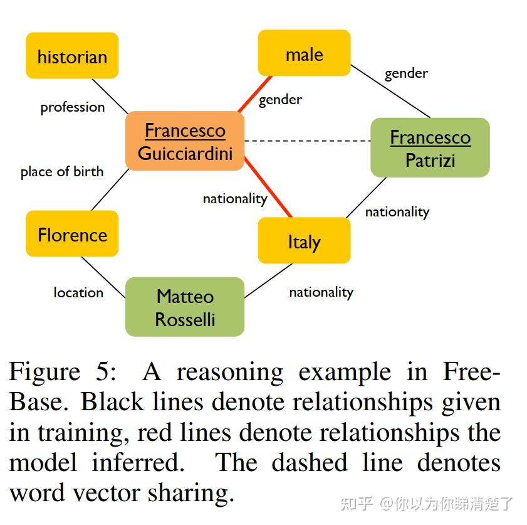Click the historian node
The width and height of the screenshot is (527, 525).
click(x=72, y=56)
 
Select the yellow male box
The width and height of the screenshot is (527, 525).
click(x=304, y=54)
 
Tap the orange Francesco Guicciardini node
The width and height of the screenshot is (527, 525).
click(x=185, y=141)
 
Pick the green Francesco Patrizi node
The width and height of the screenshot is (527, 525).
click(x=430, y=148)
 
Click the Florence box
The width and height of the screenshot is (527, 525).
click(x=72, y=235)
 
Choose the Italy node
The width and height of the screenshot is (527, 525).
click(x=304, y=241)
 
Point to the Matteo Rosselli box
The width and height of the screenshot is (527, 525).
click(x=185, y=307)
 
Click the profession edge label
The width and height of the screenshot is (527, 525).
click(x=73, y=107)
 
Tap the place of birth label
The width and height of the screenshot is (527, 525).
click(x=62, y=172)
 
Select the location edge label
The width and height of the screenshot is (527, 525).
click(x=78, y=292)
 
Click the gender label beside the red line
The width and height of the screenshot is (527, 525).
click(x=280, y=100)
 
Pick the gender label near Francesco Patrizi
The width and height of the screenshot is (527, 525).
click(x=406, y=73)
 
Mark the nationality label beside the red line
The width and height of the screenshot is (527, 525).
click(x=235, y=199)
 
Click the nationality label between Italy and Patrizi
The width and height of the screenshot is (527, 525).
click(x=397, y=212)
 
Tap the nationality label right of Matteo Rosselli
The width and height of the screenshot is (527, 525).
click(x=321, y=292)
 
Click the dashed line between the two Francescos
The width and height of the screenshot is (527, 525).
click(x=307, y=141)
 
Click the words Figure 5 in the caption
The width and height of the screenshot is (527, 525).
click(x=63, y=373)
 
